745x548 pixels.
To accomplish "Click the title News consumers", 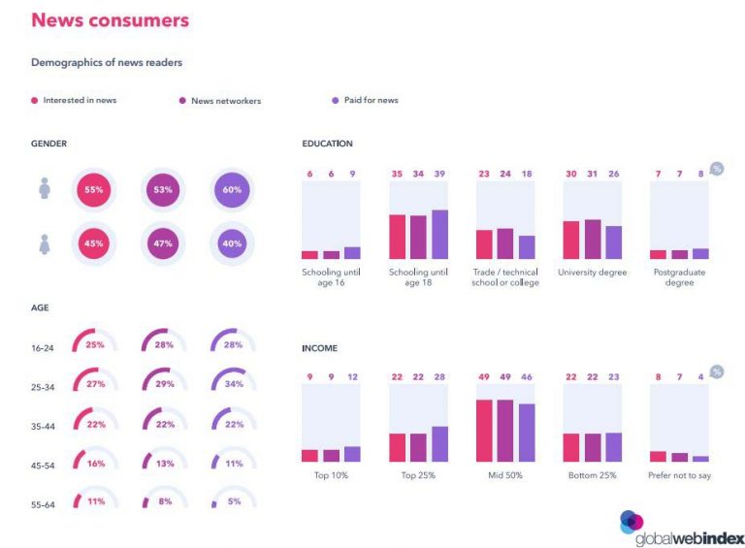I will [x=110, y=20].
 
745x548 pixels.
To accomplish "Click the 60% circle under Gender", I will [x=232, y=190].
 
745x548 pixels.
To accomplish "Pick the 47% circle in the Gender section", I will [x=161, y=243].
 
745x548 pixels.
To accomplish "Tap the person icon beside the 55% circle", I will [x=45, y=189].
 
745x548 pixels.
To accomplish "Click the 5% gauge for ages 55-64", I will [x=232, y=501].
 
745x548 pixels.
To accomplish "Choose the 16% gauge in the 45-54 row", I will [x=94, y=464].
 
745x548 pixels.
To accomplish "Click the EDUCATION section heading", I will [x=327, y=144].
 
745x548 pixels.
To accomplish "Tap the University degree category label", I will [x=592, y=273].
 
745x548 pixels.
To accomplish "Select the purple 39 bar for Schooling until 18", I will [x=439, y=234].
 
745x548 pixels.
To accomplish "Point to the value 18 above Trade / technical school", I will [x=526, y=174].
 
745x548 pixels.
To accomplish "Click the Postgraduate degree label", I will [x=679, y=277].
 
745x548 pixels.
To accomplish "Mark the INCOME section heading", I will [x=319, y=347].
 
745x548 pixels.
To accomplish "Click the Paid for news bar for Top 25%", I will [x=439, y=444].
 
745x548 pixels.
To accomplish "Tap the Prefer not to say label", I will [x=679, y=476].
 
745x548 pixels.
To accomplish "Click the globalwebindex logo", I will [x=679, y=524].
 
